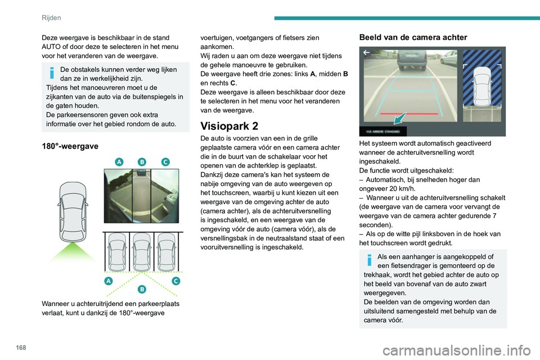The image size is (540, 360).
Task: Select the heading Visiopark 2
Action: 232,126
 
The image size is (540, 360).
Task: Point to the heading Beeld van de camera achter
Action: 413,37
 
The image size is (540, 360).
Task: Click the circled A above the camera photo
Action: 119,161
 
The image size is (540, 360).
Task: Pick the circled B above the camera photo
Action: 142,161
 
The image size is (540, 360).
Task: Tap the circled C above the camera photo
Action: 165,161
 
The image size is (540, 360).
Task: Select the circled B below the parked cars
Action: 142,289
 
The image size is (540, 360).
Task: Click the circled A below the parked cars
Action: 108,280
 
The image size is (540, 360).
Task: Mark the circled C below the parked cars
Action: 176,280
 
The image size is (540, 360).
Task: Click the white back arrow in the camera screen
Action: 366,52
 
